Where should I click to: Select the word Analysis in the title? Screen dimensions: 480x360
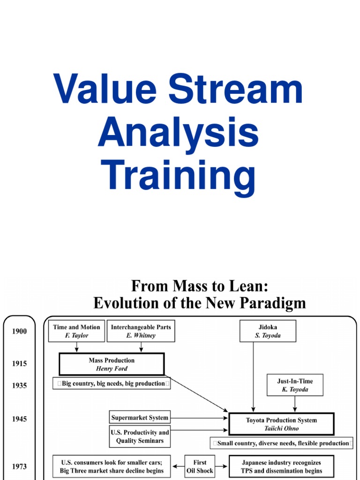(178, 133)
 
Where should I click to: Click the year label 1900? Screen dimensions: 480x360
(19, 331)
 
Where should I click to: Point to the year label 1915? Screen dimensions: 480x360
(19, 363)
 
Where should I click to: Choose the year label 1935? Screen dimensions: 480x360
(19, 385)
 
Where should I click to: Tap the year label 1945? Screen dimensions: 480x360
(19, 419)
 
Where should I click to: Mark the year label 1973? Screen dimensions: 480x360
(19, 466)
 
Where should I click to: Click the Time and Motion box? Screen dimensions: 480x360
(76, 331)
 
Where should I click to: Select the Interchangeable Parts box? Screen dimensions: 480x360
(141, 331)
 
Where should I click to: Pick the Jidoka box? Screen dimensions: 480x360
(268, 331)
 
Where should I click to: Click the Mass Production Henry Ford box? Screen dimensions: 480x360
(112, 364)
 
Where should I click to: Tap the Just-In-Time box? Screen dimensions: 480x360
(294, 385)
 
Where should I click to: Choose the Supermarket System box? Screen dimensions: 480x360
(140, 417)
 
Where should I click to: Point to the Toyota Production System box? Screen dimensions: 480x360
(281, 424)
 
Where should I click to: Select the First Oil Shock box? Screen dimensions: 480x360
(200, 466)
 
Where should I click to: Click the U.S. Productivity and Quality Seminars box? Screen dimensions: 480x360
(140, 437)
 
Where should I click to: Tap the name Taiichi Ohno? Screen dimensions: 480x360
(281, 428)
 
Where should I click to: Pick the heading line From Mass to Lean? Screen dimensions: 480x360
(199, 286)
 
